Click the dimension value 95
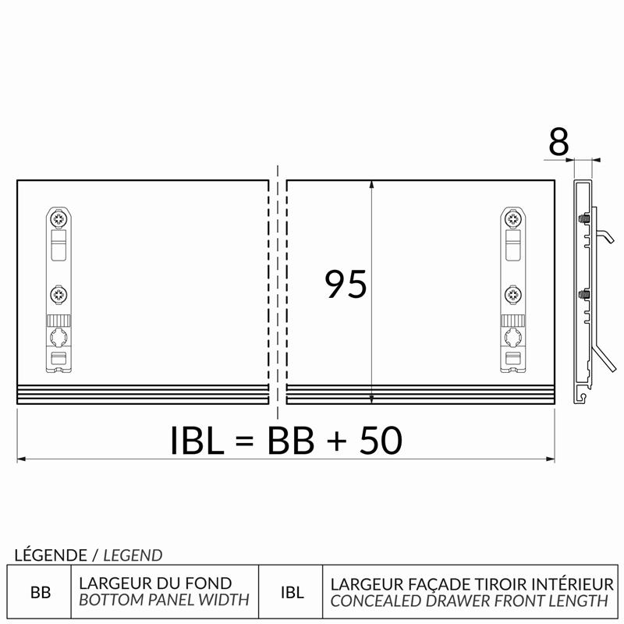tap(346, 284)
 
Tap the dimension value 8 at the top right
tap(558, 142)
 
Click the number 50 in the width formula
tap(381, 440)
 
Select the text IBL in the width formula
tap(197, 440)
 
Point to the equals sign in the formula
tap(244, 441)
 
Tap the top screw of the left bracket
tap(59, 218)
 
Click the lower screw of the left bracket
tap(59, 295)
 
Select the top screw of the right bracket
tap(513, 218)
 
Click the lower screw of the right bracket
tap(513, 295)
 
